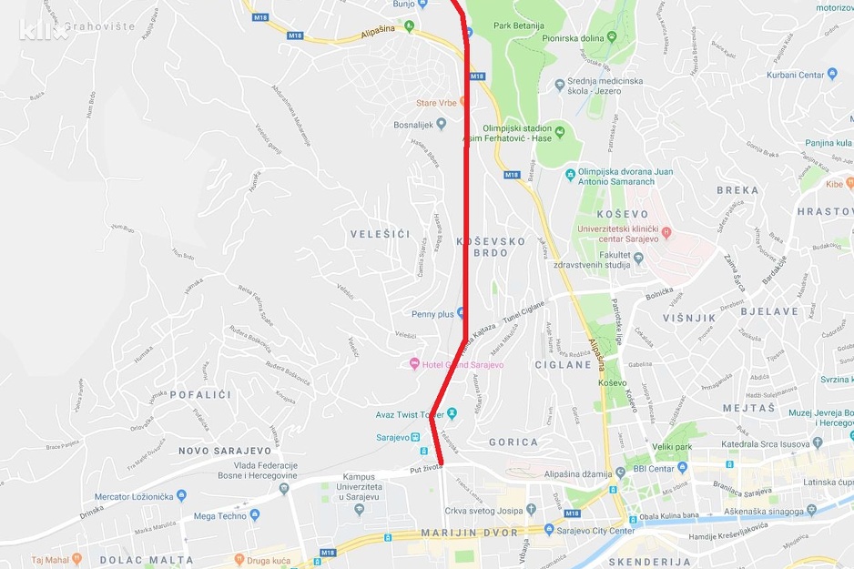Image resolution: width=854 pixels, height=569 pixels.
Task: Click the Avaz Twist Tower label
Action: coord(410,414)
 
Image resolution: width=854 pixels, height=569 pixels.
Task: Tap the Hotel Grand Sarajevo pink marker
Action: coord(415,364)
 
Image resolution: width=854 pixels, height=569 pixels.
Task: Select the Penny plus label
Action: coord(432,314)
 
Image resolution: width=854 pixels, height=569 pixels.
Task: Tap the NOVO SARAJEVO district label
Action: coord(225,451)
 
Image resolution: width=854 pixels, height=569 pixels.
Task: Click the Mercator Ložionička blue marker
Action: coord(180,496)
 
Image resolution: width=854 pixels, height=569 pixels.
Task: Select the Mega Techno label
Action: coord(220,515)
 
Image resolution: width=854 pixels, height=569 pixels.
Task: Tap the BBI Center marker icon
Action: coord(625,470)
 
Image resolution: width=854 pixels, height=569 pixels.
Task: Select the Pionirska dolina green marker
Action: coord(611,37)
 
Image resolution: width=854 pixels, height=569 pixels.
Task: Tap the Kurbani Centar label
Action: coord(795,75)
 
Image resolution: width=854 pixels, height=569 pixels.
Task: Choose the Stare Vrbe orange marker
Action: coord(464,103)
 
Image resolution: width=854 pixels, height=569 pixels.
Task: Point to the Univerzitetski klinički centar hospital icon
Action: coord(666,232)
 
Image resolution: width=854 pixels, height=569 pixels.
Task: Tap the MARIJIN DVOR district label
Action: coord(469,533)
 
